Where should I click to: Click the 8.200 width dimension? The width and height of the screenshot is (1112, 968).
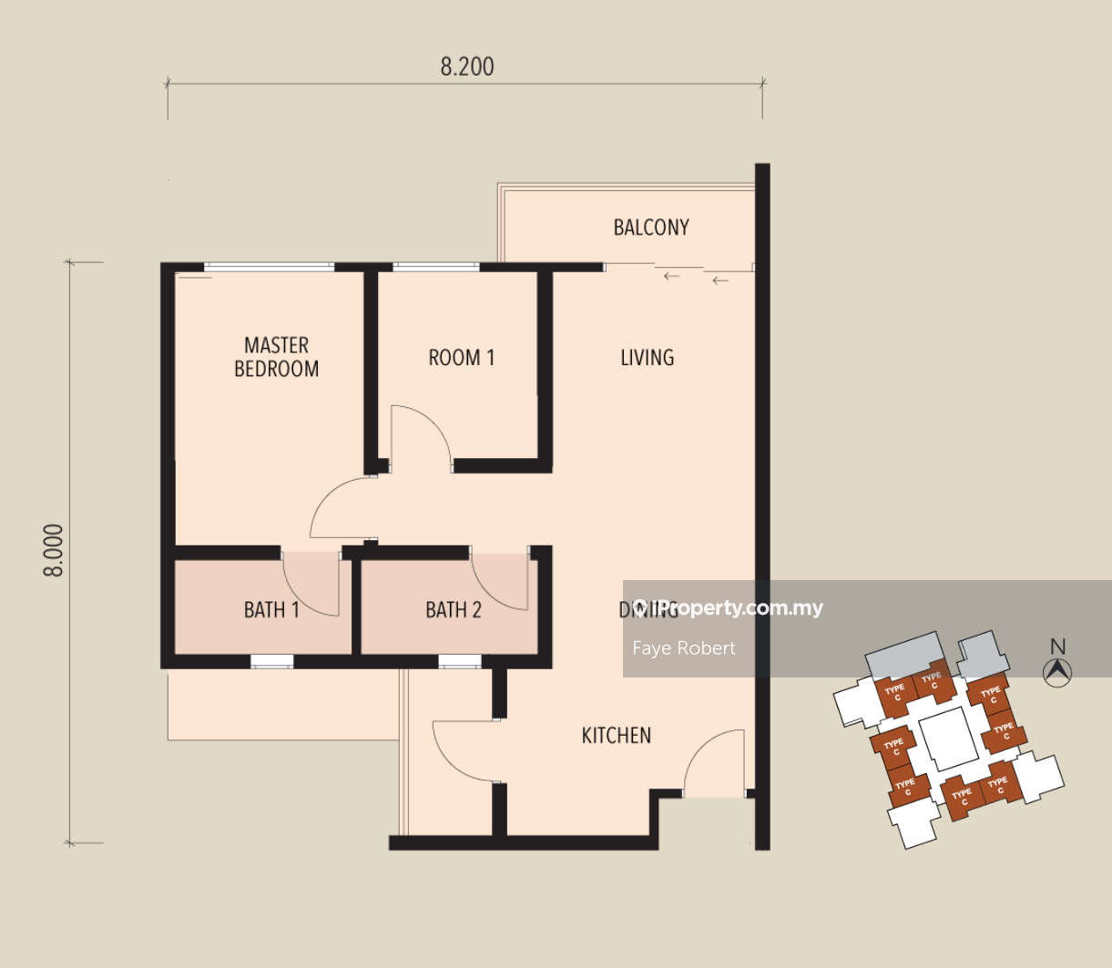coord(467,67)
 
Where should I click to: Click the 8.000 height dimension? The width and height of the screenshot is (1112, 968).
coord(56,551)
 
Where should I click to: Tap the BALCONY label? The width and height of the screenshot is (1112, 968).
coord(651,228)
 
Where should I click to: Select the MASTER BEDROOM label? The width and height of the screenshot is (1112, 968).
coord(276,357)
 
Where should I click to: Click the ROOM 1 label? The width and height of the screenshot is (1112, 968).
coord(462,358)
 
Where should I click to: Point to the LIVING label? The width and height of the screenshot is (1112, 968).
coord(648,358)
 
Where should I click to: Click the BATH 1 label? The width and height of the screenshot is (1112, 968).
coord(271,610)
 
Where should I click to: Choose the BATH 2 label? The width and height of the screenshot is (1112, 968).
coord(454,610)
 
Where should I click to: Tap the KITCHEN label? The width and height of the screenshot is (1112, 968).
coord(617,736)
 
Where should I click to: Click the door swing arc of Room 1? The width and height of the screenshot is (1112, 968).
coord(423,435)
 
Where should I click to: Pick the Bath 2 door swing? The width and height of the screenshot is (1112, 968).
coord(499,584)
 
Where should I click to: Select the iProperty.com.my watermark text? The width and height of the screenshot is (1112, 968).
coord(729,608)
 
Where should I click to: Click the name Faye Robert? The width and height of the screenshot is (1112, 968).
coord(684,648)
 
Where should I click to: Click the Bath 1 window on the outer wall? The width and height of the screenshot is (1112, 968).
coord(272,662)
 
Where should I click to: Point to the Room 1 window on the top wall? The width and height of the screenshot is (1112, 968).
coord(435,267)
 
